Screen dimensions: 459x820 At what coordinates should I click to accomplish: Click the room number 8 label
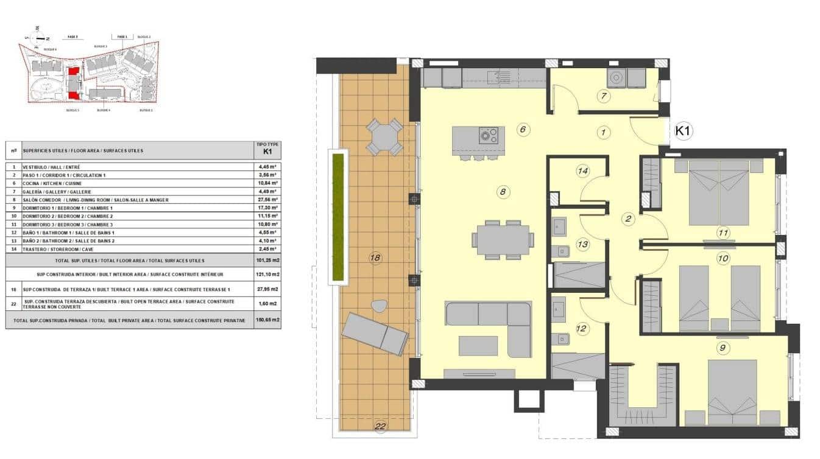pos(503,192)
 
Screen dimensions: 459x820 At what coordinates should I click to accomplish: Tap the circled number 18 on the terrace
pos(375,258)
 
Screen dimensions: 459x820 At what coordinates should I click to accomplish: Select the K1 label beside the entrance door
pos(684,130)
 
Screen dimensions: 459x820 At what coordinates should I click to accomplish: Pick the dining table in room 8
pos(502,240)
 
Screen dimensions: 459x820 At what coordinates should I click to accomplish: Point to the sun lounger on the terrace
pos(374,333)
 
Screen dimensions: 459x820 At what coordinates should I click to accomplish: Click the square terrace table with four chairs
pos(384,137)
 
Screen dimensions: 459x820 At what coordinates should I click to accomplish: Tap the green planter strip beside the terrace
pos(338,217)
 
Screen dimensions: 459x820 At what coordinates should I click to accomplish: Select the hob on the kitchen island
pos(489,135)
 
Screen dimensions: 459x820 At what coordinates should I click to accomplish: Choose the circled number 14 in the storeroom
pos(583,172)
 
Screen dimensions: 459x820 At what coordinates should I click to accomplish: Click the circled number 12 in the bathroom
pos(581,329)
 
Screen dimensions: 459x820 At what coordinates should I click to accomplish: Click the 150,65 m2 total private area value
pos(267,320)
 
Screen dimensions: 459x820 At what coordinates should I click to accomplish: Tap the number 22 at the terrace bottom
pos(380,427)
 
